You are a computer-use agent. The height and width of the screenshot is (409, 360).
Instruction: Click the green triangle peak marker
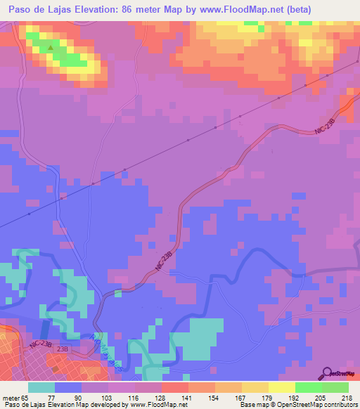(x=50, y=48)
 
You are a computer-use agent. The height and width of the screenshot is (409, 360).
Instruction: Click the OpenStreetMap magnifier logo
(x=327, y=372)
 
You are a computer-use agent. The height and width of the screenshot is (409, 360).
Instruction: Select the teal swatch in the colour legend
(x=41, y=387)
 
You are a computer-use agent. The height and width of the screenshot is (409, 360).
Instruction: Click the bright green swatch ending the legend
(x=335, y=387)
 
